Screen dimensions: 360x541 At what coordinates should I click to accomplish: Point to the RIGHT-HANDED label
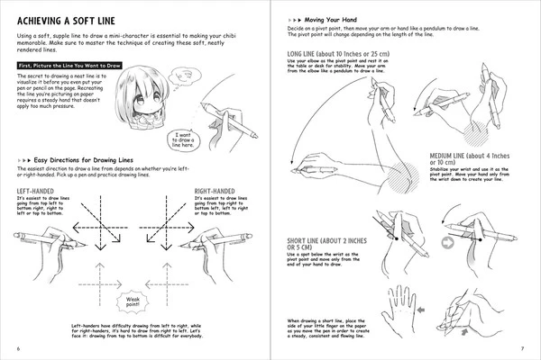click(x=219, y=191)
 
